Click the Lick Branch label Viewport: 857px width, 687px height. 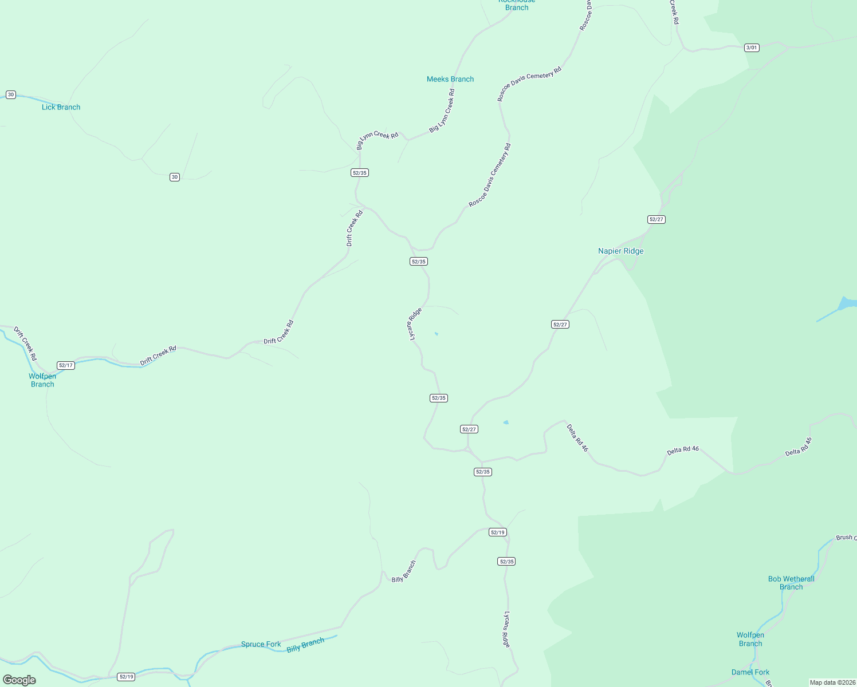tap(61, 107)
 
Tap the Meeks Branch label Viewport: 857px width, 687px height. tap(450, 79)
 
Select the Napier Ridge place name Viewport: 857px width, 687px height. tap(620, 251)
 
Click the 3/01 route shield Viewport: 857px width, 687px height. tap(752, 48)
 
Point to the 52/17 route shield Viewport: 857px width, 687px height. tap(66, 365)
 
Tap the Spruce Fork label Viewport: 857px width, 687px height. tap(261, 644)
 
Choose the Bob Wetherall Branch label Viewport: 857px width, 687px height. tap(791, 583)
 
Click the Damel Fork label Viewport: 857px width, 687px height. tap(750, 672)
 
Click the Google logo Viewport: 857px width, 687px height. tap(19, 680)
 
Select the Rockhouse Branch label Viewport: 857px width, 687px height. tap(517, 5)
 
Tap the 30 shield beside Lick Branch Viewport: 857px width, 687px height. tap(11, 94)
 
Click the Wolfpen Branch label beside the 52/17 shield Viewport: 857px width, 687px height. tap(42, 380)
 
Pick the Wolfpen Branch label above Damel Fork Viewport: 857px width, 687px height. tap(750, 639)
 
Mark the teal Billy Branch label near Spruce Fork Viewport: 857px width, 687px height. tap(305, 645)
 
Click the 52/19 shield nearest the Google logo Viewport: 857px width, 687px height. tap(126, 677)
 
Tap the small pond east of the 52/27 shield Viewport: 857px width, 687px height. tap(506, 423)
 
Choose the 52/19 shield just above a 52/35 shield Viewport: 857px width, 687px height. tap(498, 532)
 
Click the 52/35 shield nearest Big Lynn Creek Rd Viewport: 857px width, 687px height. tap(359, 172)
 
